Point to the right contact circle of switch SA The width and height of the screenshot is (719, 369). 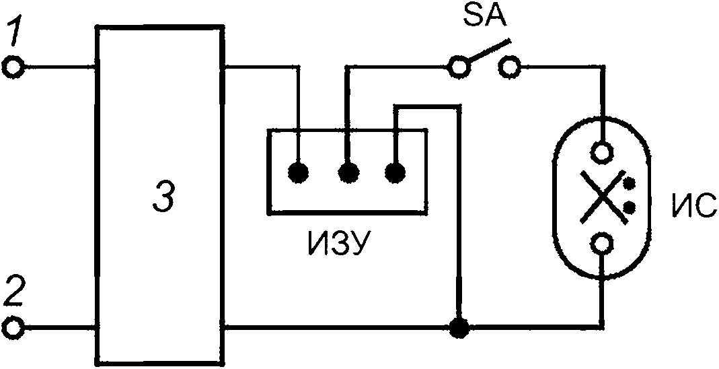(509, 68)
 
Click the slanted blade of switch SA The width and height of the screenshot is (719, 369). (488, 51)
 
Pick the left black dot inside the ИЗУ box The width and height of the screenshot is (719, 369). (299, 173)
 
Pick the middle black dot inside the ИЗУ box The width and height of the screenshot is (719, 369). (348, 173)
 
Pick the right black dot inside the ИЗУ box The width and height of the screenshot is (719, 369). (395, 173)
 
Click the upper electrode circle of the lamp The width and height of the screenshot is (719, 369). (601, 152)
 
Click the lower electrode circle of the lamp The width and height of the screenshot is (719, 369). (601, 244)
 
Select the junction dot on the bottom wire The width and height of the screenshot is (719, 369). (459, 328)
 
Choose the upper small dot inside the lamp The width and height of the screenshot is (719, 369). (631, 184)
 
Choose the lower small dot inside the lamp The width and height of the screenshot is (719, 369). (631, 207)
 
